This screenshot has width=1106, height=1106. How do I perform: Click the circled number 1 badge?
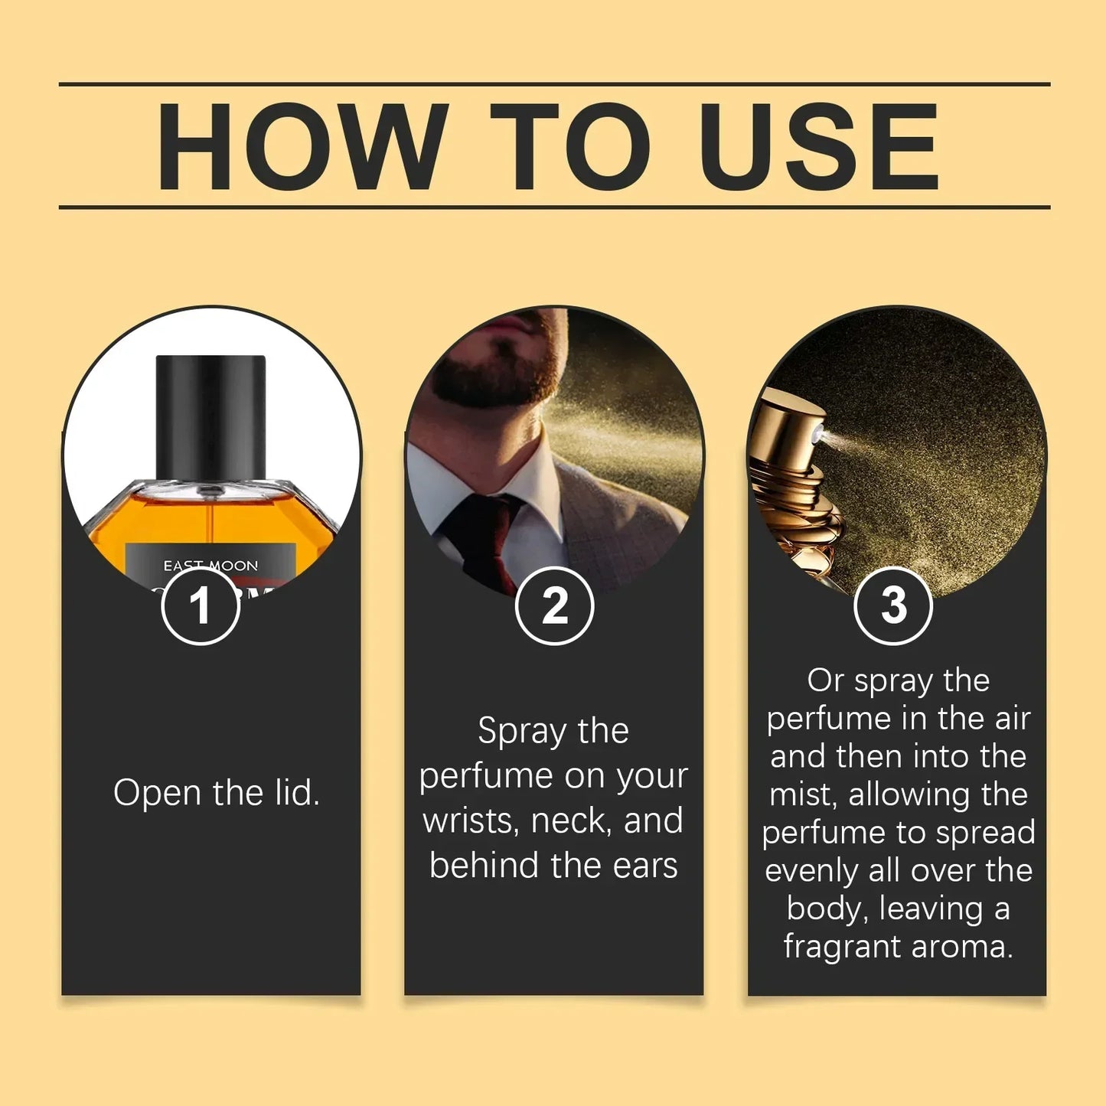coord(201,605)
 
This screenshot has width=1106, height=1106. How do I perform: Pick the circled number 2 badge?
coord(554,605)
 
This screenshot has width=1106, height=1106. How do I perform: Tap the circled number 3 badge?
coord(892,605)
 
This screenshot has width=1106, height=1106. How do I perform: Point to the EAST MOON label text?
coord(210,566)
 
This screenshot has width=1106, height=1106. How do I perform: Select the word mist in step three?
coord(804,794)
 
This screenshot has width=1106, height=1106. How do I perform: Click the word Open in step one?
coord(158,793)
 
